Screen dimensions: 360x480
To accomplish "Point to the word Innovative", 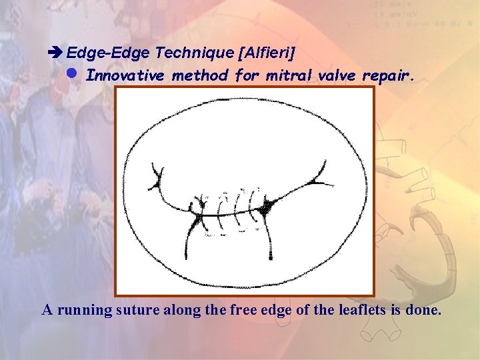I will click(x=126, y=75).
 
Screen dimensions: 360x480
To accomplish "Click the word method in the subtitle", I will click(x=199, y=75).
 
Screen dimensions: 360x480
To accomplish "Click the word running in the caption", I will click(x=105, y=311).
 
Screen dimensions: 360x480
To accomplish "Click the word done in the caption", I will click(x=425, y=310).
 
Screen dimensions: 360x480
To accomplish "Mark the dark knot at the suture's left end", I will click(x=199, y=213).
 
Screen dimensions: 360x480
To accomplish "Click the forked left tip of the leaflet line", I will click(x=157, y=177).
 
